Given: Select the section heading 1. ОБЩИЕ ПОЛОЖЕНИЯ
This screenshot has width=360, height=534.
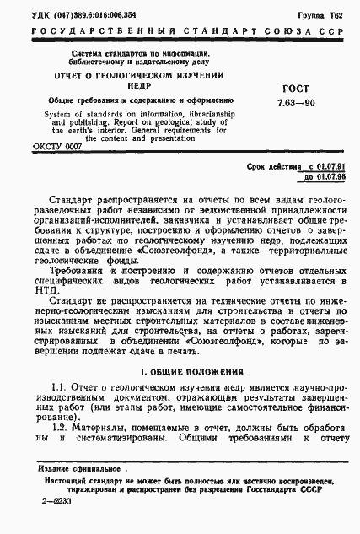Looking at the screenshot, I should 191,372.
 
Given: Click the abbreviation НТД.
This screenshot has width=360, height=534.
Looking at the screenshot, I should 40,298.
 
